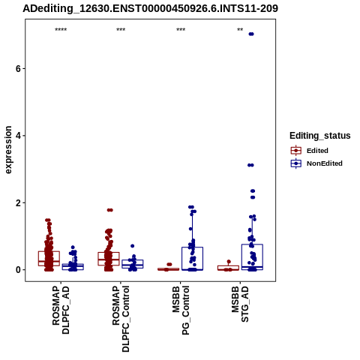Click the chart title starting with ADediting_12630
click(150, 8)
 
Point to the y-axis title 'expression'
click(8, 150)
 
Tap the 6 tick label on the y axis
click(18, 69)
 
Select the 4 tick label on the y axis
click(18, 136)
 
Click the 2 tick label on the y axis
click(18, 203)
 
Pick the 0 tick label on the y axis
click(18, 270)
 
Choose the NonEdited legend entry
click(316, 163)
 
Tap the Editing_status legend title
click(320, 136)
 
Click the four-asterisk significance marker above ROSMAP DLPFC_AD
click(61, 30)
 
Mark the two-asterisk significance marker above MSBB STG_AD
click(240, 30)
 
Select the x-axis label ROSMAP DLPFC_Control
click(121, 319)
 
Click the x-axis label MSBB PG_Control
click(181, 310)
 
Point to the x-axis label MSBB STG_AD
click(240, 304)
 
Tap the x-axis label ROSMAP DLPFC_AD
click(61, 310)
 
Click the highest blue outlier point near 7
click(251, 34)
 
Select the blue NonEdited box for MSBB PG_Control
click(192, 259)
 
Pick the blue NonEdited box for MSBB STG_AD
click(252, 257)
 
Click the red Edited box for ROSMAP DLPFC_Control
click(109, 259)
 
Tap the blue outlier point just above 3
click(250, 165)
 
